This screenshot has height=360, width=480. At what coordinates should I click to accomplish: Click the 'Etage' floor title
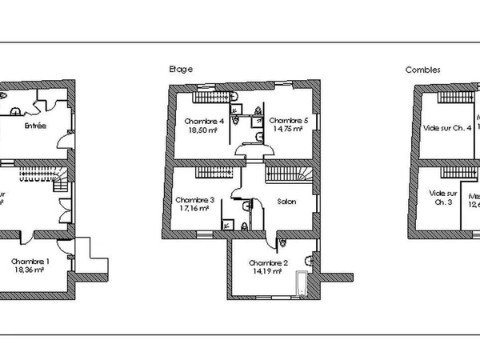180,70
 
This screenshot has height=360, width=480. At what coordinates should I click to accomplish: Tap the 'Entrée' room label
34,126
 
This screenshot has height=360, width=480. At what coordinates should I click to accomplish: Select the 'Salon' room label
286,202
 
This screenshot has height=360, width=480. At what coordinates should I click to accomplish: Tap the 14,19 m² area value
266,271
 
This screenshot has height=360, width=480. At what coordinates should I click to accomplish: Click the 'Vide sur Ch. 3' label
443,198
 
